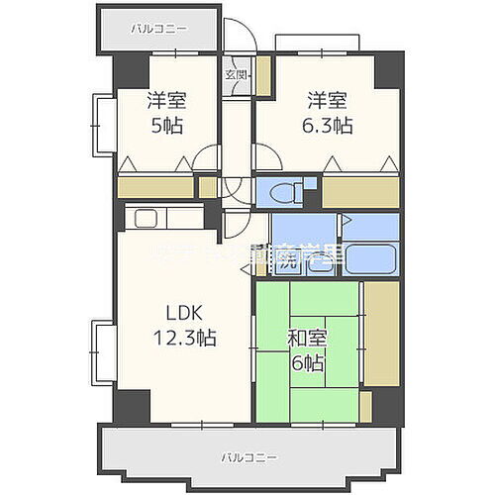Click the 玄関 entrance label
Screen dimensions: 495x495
[x=235, y=74]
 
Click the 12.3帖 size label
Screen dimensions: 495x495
[x=183, y=337]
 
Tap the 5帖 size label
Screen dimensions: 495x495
[x=166, y=126]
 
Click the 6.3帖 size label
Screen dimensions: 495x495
[x=329, y=126]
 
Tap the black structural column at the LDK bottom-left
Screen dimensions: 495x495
[x=130, y=404]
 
